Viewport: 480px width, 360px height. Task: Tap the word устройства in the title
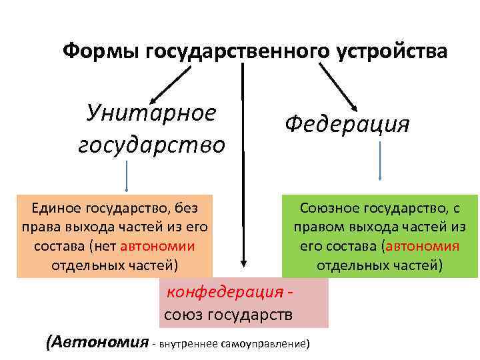pyautogui.click(x=393, y=52)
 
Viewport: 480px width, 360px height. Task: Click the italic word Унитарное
pyautogui.click(x=151, y=112)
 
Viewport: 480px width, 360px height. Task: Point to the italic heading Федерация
pyautogui.click(x=347, y=124)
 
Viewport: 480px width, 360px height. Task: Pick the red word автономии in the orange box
pyautogui.click(x=158, y=246)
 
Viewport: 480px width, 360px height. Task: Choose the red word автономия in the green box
pyautogui.click(x=423, y=246)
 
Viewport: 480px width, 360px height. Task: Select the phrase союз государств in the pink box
pyautogui.click(x=228, y=313)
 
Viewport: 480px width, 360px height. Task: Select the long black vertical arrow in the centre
pyautogui.click(x=243, y=167)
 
